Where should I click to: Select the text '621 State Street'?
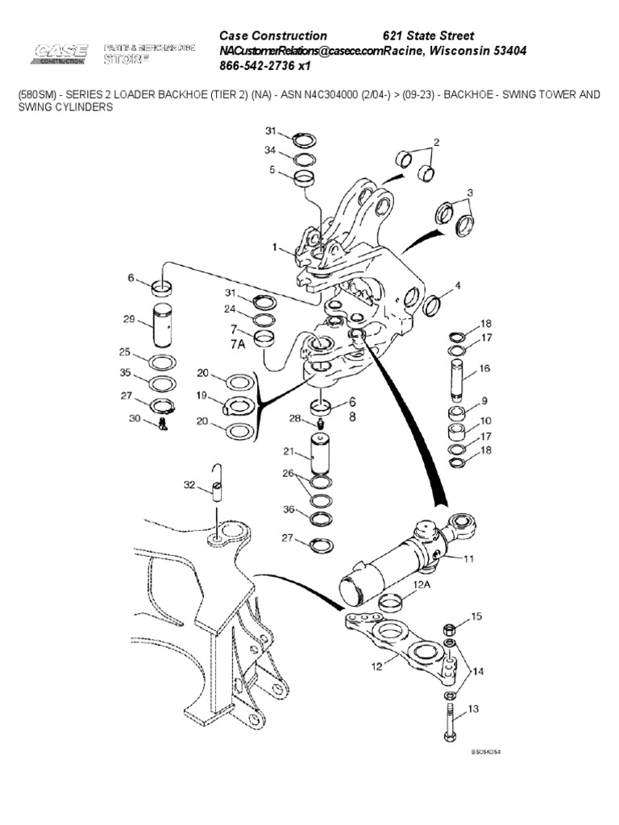[427, 36]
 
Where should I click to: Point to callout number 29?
[128, 320]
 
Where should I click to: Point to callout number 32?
[189, 484]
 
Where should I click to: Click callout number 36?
[286, 510]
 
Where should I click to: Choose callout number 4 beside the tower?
[458, 286]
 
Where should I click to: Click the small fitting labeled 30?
[162, 423]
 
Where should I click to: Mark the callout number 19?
[202, 396]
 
